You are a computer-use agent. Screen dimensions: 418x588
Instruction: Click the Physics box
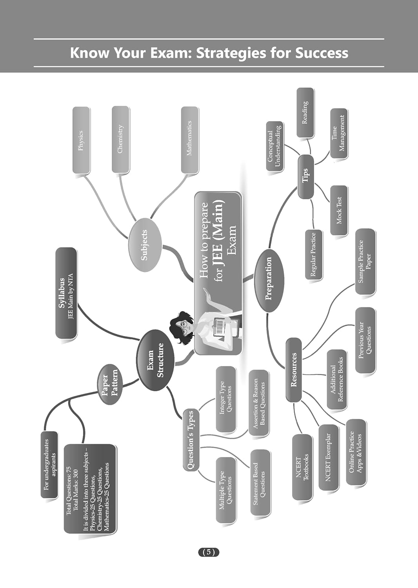click(x=81, y=140)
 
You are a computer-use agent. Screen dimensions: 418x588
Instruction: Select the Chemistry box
click(x=120, y=139)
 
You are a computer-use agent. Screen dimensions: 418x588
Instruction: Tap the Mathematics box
click(x=189, y=140)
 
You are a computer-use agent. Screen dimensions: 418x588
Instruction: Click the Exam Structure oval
click(x=155, y=360)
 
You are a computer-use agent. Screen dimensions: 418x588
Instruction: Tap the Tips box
click(x=306, y=177)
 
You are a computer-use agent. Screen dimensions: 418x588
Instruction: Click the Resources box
click(x=294, y=370)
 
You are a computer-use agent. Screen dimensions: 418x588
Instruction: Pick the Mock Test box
click(x=339, y=210)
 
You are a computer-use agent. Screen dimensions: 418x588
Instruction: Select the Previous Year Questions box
click(x=365, y=340)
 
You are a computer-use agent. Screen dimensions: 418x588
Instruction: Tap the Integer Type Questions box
click(x=226, y=399)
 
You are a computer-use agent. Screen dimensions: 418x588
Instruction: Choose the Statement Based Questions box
click(x=260, y=483)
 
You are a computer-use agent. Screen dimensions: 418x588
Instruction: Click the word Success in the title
click(x=322, y=53)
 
